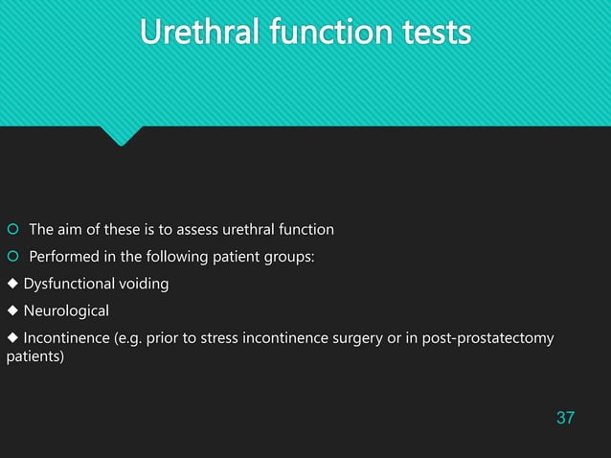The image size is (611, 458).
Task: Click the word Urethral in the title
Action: pos(197,34)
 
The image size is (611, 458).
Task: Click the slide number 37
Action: pos(565,418)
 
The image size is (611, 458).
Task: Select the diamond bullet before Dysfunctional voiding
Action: pos(11,285)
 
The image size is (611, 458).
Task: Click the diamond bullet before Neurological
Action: pos(11,311)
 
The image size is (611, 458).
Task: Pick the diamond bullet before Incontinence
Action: pos(11,339)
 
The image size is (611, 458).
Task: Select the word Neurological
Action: pos(66,311)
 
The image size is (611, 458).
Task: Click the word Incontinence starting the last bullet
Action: pos(65,338)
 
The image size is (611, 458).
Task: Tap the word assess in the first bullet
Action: pos(195,229)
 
